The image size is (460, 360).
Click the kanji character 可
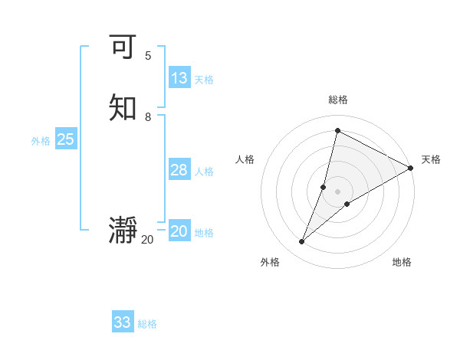click(x=123, y=47)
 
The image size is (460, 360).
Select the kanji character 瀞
click(x=123, y=231)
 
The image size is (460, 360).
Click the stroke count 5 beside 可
click(x=148, y=56)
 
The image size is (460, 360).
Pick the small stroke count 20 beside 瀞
click(x=147, y=240)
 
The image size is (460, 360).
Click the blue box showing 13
click(x=179, y=78)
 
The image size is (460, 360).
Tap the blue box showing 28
click(x=179, y=170)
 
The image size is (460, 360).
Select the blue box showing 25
click(x=65, y=139)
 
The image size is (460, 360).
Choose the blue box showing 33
click(x=123, y=322)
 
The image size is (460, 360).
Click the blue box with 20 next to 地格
click(x=179, y=231)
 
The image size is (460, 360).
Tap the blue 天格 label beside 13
click(x=204, y=80)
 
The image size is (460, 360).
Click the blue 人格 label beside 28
click(x=204, y=172)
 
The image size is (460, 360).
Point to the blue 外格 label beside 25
click(x=41, y=141)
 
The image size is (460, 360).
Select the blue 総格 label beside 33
click(x=147, y=324)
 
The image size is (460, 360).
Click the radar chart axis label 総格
click(x=337, y=100)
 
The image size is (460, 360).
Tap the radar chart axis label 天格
click(x=431, y=159)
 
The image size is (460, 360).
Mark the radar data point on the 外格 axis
click(x=302, y=242)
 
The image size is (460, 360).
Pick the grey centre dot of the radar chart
click(x=337, y=191)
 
